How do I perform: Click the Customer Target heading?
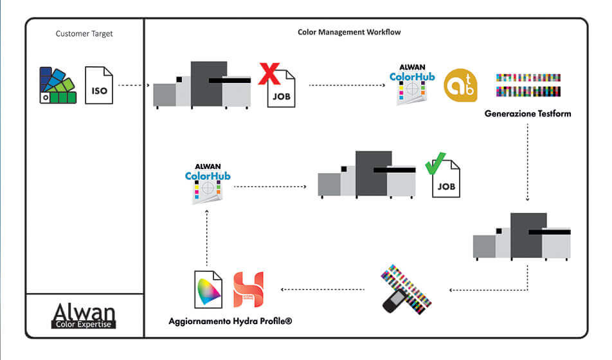click(x=84, y=33)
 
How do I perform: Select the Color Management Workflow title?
click(x=350, y=32)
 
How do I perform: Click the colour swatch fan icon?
click(x=57, y=85)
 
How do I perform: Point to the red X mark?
click(x=270, y=73)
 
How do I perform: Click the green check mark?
click(x=436, y=163)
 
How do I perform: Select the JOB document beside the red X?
click(x=282, y=92)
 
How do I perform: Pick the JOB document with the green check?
click(x=446, y=182)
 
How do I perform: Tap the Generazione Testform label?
click(x=528, y=114)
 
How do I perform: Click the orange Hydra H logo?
click(x=248, y=289)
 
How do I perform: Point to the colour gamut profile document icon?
click(x=208, y=289)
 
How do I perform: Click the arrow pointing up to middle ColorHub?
click(x=208, y=238)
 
